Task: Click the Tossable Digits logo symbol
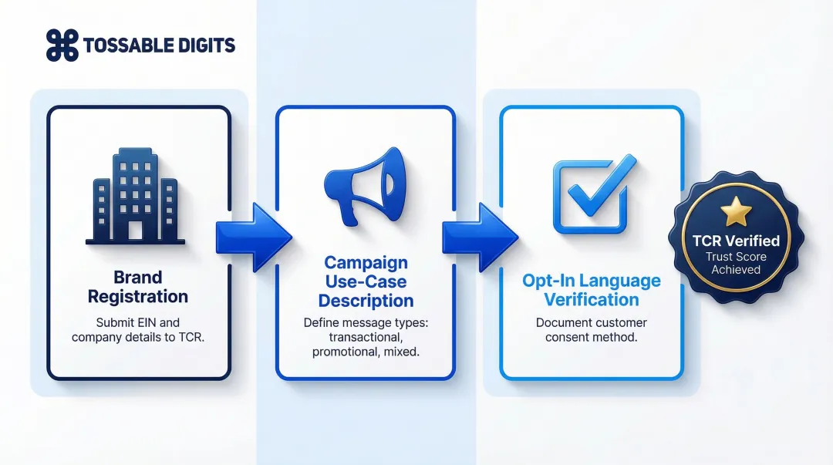point(62,45)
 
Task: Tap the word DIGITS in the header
point(205,45)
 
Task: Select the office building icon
point(135,197)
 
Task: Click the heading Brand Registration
point(138,287)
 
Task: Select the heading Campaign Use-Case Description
point(366,281)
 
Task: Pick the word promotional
point(346,352)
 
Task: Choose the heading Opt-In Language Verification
point(592,290)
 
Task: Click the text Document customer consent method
point(592,330)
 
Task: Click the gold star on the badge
point(735,211)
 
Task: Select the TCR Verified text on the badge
point(735,241)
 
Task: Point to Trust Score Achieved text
point(735,263)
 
